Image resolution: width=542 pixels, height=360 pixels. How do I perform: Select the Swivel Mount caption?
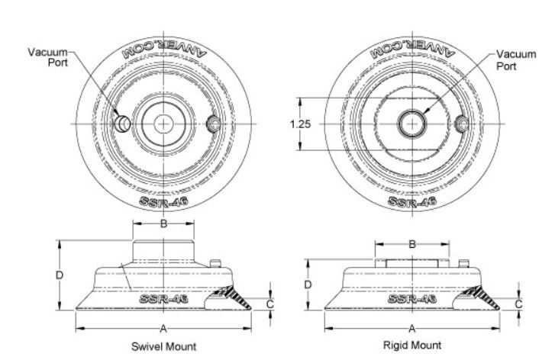click(164, 346)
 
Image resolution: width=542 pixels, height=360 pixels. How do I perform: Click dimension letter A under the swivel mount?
click(163, 329)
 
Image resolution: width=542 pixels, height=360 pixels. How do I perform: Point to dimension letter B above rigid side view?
click(412, 245)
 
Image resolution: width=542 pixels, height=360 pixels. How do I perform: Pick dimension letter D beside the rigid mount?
click(308, 284)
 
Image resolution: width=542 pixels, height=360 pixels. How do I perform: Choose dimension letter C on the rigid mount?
click(519, 302)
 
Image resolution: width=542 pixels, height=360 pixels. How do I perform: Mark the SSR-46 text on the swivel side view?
click(163, 298)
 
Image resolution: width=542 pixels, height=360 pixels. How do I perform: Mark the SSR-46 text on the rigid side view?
click(411, 298)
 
